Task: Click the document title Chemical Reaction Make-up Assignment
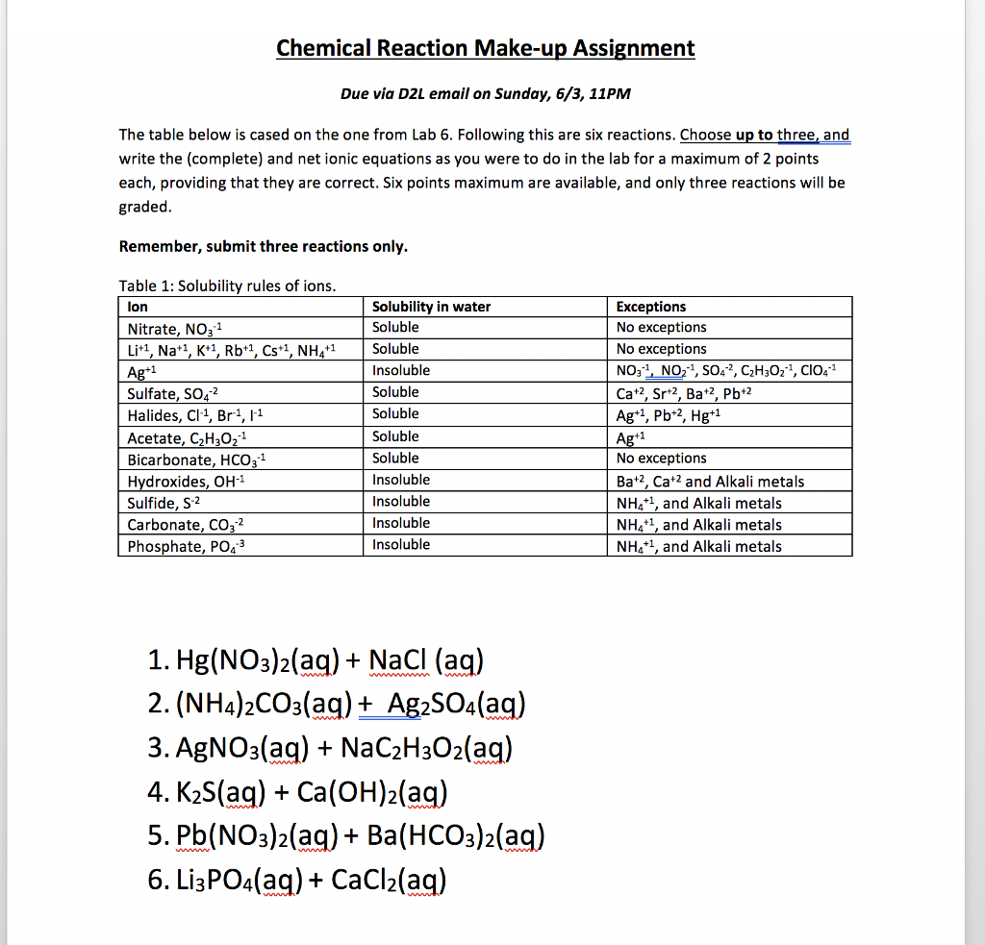tap(485, 48)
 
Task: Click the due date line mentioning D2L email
tap(486, 94)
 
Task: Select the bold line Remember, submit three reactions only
tap(263, 247)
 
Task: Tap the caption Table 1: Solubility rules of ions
tap(227, 286)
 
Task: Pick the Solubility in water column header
tap(431, 307)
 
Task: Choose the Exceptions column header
tap(651, 307)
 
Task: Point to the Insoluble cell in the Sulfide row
tap(401, 502)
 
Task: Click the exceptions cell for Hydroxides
tap(710, 481)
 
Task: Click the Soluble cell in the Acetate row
tap(395, 436)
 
